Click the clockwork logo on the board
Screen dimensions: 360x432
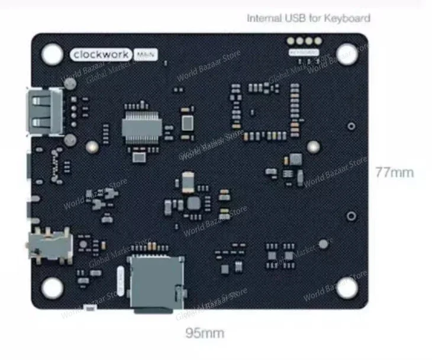pyautogui.click(x=101, y=54)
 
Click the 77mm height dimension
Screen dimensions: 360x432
pyautogui.click(x=394, y=173)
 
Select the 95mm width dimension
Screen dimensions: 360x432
pyautogui.click(x=205, y=333)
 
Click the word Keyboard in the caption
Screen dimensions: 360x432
pyautogui.click(x=348, y=18)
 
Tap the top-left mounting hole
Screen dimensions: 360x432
pyautogui.click(x=51, y=53)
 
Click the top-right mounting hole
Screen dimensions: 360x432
pyautogui.click(x=346, y=54)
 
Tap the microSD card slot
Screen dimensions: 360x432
pyautogui.click(x=155, y=282)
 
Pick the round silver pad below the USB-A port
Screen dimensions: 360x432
pyautogui.click(x=69, y=140)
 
